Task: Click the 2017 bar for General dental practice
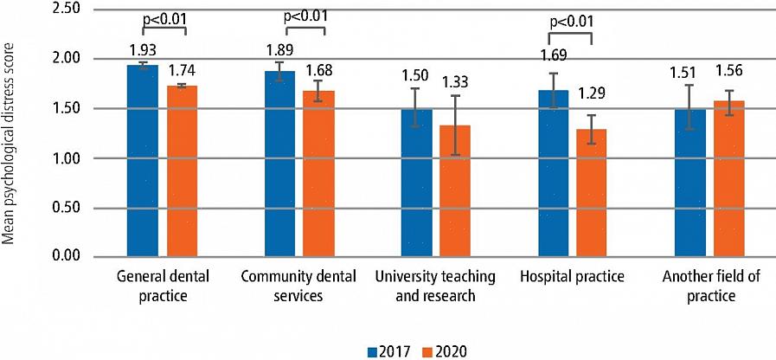143,161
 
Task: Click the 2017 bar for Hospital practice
555,173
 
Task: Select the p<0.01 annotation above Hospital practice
571,22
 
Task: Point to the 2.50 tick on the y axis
66,9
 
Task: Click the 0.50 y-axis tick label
66,208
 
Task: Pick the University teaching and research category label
435,286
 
